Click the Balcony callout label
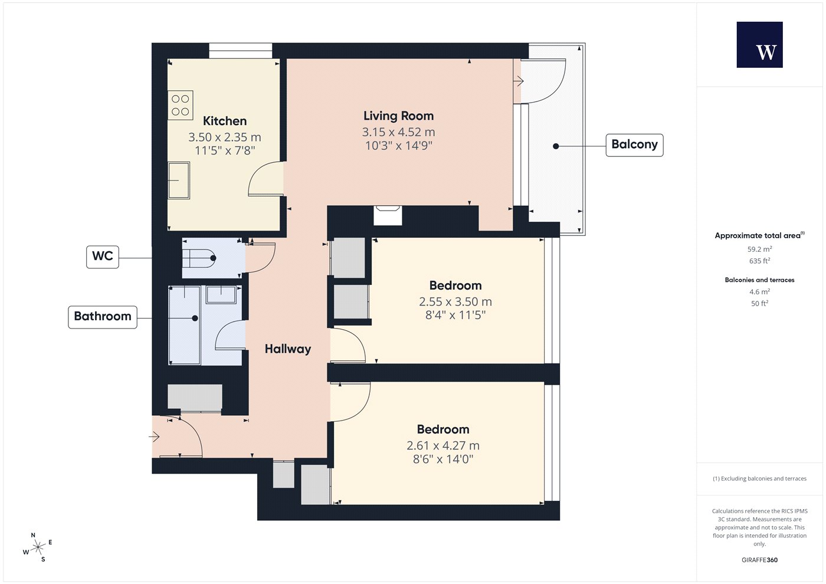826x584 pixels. pos(634,145)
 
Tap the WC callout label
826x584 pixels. pos(103,257)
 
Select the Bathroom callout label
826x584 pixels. pos(103,317)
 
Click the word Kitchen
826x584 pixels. pos(225,121)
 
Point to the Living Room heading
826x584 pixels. pos(398,116)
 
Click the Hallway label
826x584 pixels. pos(288,349)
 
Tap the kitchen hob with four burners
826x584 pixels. pos(181,105)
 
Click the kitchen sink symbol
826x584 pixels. pos(179,181)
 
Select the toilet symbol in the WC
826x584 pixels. pos(199,258)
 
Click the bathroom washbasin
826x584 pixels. pos(221,294)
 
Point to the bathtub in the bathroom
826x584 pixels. pos(184,325)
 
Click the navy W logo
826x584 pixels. pos(760,45)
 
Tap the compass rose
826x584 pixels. pos(38,547)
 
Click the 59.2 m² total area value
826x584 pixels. pos(759,249)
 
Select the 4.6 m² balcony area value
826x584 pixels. pos(759,291)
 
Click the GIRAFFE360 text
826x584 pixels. pos(759,560)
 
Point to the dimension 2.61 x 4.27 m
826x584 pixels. pos(443,445)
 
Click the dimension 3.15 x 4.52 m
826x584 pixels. pos(398,132)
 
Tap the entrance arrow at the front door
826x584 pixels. pos(154,437)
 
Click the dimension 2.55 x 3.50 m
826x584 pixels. pos(455,301)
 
